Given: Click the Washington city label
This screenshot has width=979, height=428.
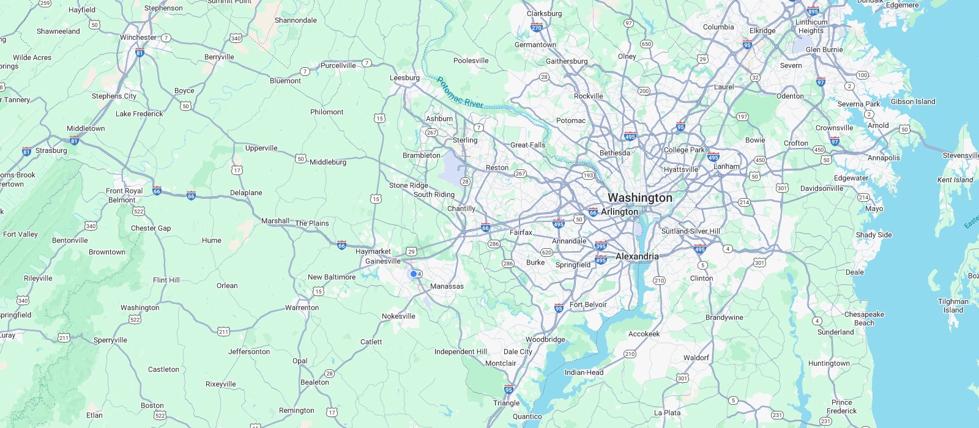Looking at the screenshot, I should click(639, 197).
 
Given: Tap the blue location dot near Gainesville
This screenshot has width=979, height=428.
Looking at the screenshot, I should click(414, 274).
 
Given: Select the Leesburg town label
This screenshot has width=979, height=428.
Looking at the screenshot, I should click(404, 78).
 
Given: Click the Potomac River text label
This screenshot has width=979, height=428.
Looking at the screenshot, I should click(460, 92).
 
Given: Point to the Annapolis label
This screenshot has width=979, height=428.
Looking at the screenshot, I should click(884, 158).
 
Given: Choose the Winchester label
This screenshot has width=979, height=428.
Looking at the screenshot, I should click(138, 37).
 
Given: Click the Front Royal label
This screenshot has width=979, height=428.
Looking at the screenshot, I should click(124, 191).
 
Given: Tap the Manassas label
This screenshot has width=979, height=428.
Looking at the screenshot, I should click(447, 286).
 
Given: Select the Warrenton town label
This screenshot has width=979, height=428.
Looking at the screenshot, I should click(302, 308).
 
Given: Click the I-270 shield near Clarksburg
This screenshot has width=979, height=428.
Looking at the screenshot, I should click(537, 28).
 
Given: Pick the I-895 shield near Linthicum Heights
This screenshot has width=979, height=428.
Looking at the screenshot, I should click(813, 11).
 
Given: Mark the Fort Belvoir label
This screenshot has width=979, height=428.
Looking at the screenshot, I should click(588, 304).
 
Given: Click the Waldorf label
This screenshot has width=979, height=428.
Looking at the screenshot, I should click(696, 358).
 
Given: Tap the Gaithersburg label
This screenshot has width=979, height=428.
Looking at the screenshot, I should click(567, 61).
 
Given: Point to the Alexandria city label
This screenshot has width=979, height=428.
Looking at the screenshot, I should click(637, 256).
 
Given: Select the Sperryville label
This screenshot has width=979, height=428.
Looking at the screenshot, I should click(110, 340).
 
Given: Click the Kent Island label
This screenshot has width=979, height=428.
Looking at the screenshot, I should click(955, 180).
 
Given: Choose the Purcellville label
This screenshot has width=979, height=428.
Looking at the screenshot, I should click(338, 65).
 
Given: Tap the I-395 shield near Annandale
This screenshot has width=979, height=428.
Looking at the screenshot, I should click(601, 246).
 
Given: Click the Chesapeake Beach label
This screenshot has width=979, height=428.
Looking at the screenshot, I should click(864, 319).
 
